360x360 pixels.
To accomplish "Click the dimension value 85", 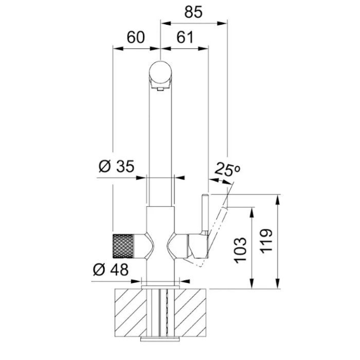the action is point(193,12).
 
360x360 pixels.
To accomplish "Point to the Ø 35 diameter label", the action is point(116,167).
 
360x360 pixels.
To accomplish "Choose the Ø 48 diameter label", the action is point(111,269).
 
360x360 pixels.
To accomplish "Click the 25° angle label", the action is point(227,169).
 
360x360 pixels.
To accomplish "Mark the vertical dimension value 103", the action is point(240,250).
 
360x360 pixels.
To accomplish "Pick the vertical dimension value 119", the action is point(266,241).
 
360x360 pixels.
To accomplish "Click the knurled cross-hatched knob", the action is point(123,246).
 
